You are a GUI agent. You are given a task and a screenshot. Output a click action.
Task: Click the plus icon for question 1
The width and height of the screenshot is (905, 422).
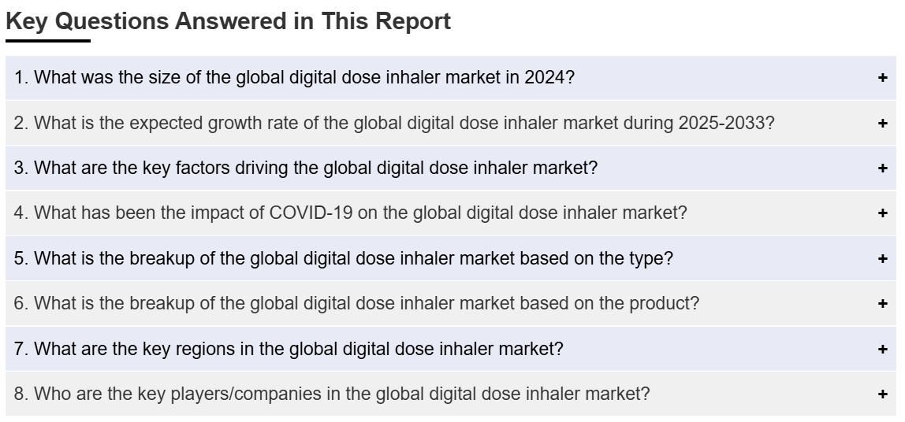point(882,78)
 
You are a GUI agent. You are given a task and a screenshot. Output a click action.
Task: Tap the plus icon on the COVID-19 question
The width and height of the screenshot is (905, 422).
point(882,213)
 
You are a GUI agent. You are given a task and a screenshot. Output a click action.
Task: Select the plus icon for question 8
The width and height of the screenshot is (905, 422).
point(882,394)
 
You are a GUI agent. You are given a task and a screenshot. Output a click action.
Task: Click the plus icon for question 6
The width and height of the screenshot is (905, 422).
point(882,304)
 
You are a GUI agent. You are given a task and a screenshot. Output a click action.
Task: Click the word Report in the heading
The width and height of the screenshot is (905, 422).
point(413,21)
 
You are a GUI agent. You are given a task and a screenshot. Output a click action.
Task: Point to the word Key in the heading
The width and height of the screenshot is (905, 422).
point(27,22)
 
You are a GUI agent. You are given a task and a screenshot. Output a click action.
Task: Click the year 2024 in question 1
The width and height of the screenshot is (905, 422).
point(549,77)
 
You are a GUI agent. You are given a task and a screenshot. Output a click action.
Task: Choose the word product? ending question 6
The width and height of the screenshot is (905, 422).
point(664,303)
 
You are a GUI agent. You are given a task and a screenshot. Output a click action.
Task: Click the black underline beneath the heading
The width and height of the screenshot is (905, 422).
point(48,41)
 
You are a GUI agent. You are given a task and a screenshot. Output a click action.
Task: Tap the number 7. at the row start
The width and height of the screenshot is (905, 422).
point(21,349)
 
